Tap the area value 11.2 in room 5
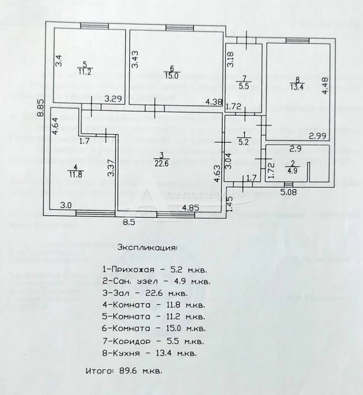coord(85,72)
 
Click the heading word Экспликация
coord(147,247)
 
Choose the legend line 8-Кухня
coord(149,353)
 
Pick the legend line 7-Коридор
coord(153,342)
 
